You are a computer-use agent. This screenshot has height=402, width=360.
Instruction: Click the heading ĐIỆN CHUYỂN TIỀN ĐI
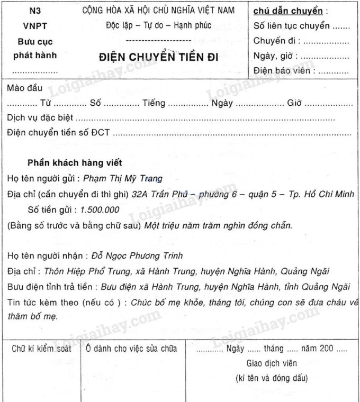159,57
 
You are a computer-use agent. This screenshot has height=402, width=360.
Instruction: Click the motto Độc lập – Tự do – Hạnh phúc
158,25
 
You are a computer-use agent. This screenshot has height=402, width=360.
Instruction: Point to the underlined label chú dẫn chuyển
288,11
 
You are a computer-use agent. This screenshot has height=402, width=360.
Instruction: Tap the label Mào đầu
25,88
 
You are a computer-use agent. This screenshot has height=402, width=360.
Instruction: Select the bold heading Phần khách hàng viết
75,163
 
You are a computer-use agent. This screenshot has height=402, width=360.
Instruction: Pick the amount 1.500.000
100,209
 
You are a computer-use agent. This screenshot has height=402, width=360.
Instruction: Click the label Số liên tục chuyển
292,25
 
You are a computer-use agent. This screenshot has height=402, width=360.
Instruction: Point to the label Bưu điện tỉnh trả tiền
49,287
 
